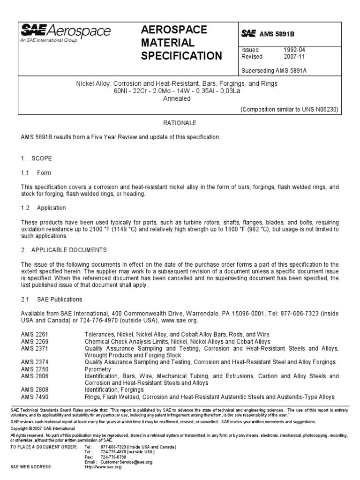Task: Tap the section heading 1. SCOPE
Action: [37, 158]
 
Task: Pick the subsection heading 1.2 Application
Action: [44, 208]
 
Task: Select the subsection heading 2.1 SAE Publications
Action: [52, 299]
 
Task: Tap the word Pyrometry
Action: [97, 369]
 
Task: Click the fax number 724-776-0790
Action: [116, 457]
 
